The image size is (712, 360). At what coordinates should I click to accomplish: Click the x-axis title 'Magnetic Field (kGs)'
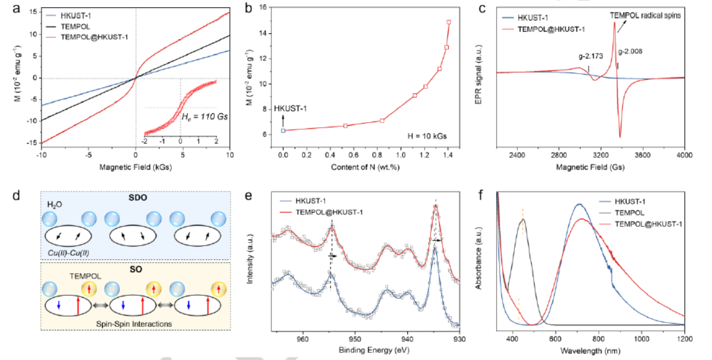point(135,171)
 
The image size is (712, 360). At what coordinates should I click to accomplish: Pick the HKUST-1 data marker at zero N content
point(283,130)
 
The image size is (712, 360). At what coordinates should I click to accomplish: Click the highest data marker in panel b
point(449,22)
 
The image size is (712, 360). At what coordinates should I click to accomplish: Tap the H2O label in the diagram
point(56,205)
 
